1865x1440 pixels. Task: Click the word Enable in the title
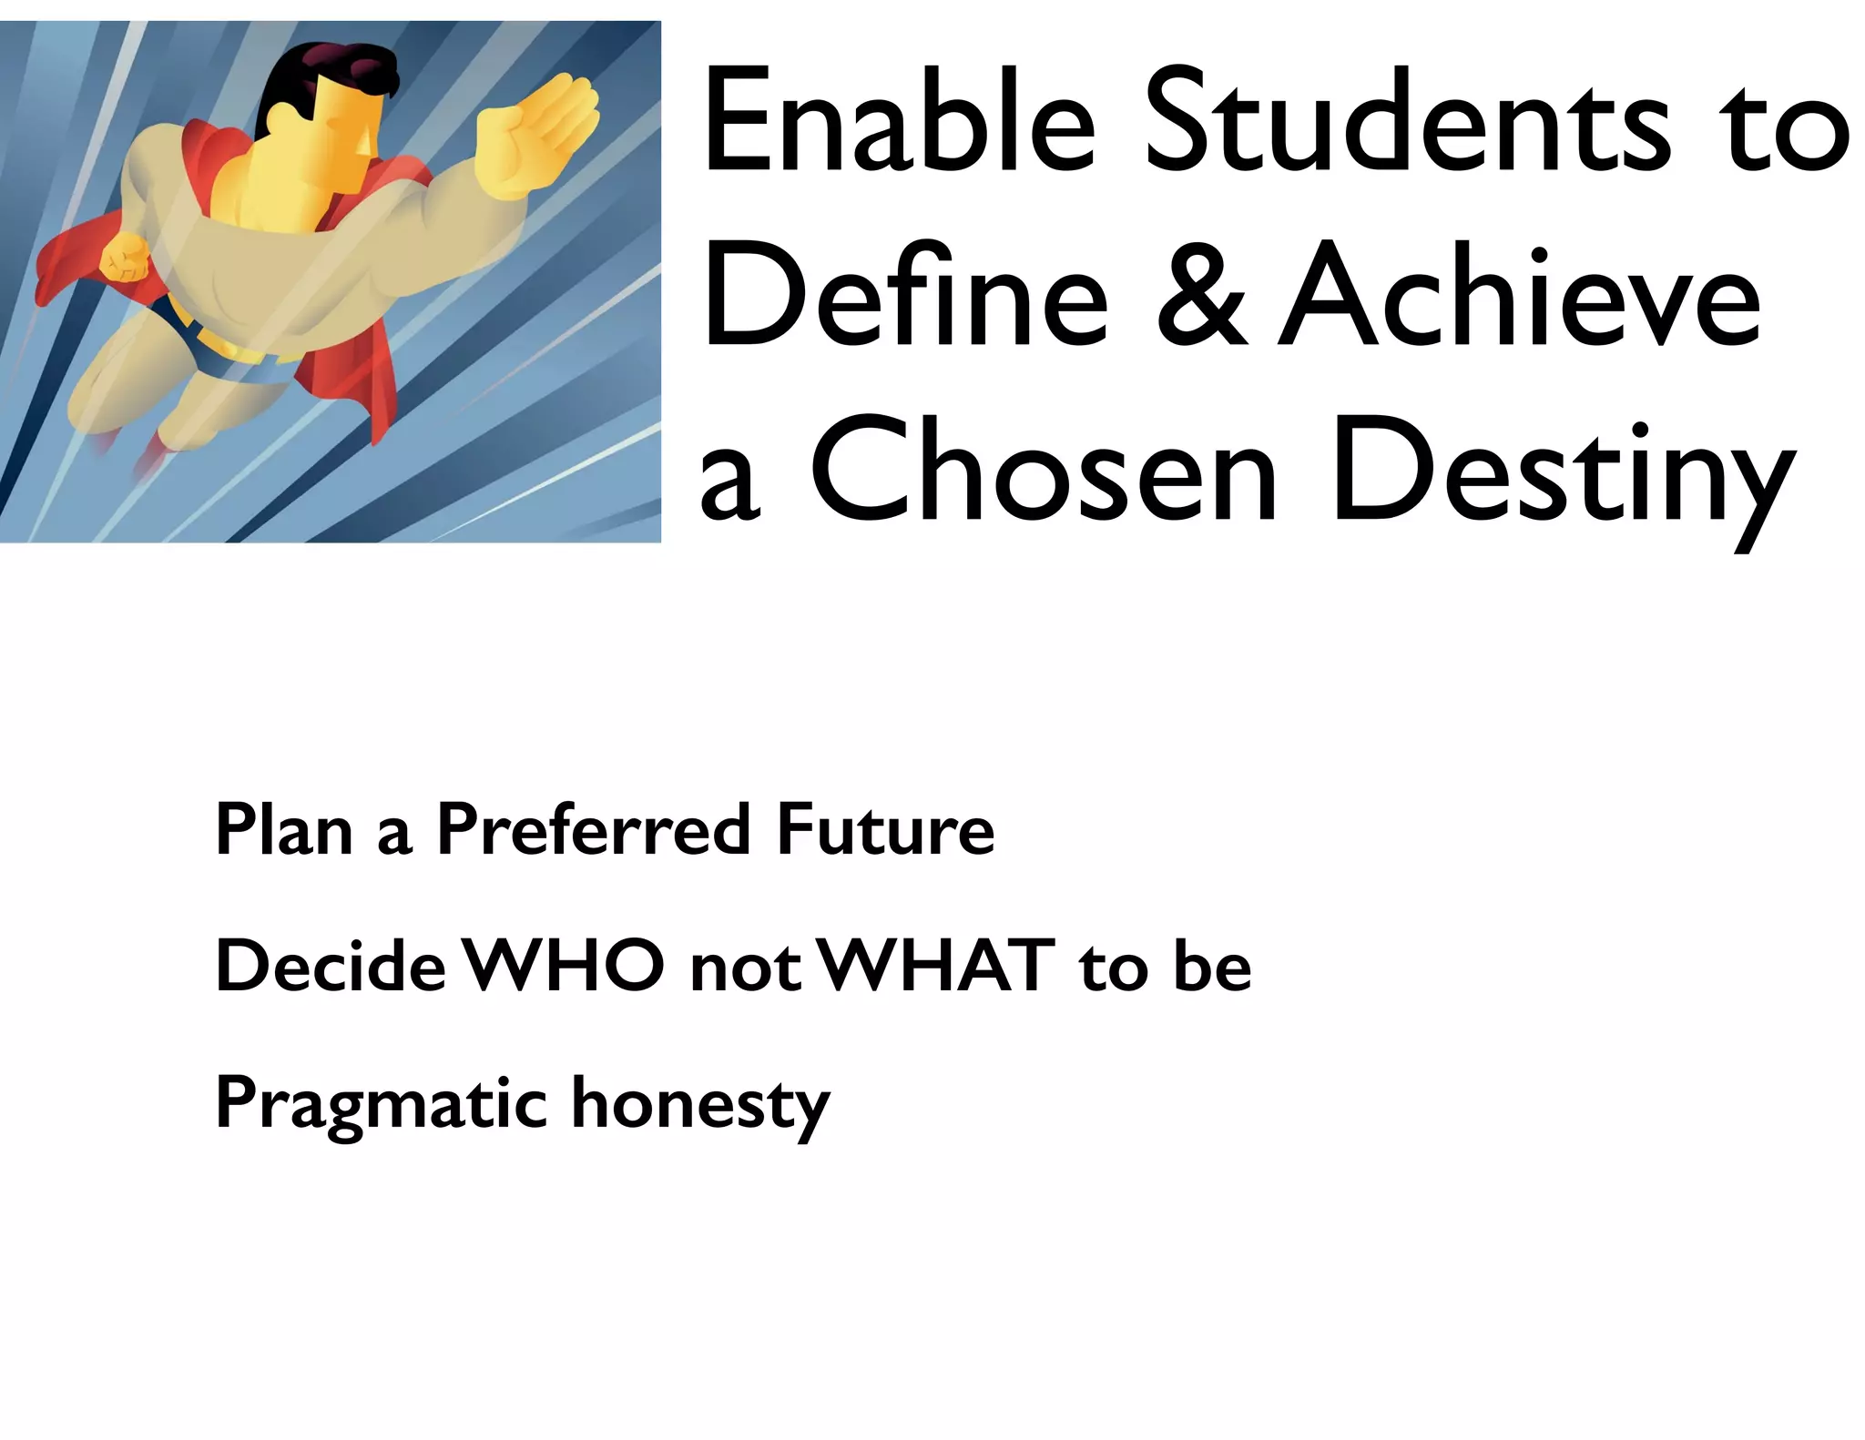point(897,123)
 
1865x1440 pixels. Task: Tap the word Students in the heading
point(1406,123)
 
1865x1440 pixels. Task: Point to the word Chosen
point(1044,473)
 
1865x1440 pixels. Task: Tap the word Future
point(885,830)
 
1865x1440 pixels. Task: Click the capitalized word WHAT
point(937,967)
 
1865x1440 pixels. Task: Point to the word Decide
point(331,967)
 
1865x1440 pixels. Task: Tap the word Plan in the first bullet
point(283,830)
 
